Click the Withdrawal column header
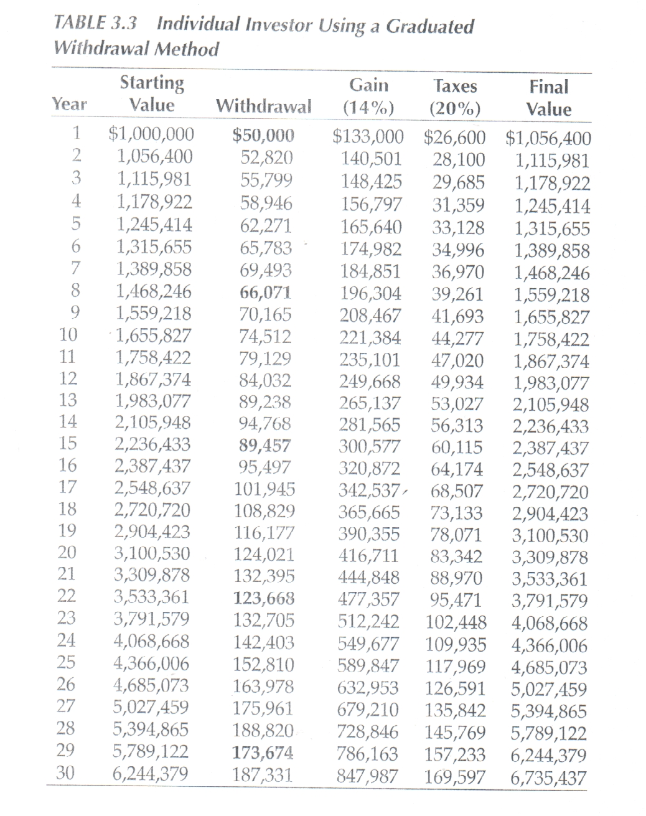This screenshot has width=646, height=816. coord(263,106)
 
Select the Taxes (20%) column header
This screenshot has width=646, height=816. coord(455,97)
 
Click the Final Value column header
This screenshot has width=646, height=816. coord(548,98)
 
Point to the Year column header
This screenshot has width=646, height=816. coord(70,104)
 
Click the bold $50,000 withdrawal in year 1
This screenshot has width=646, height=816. coord(263,135)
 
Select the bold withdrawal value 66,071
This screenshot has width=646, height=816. coord(266,293)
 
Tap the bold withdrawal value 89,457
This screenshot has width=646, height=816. coord(266,446)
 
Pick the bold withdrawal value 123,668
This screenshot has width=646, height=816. coord(263,599)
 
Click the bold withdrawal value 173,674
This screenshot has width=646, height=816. coord(263,753)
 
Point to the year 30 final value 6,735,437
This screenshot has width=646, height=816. coord(548,777)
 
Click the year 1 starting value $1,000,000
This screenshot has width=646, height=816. coord(151,134)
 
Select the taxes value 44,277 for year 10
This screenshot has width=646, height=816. coord(457,339)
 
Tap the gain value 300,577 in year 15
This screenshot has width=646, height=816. coord(370,447)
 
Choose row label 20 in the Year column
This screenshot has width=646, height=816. coord(67,552)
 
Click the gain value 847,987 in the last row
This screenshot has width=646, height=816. coord(368,776)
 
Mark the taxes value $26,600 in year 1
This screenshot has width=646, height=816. coord(454,136)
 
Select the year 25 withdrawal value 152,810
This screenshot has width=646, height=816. coord(263,665)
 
